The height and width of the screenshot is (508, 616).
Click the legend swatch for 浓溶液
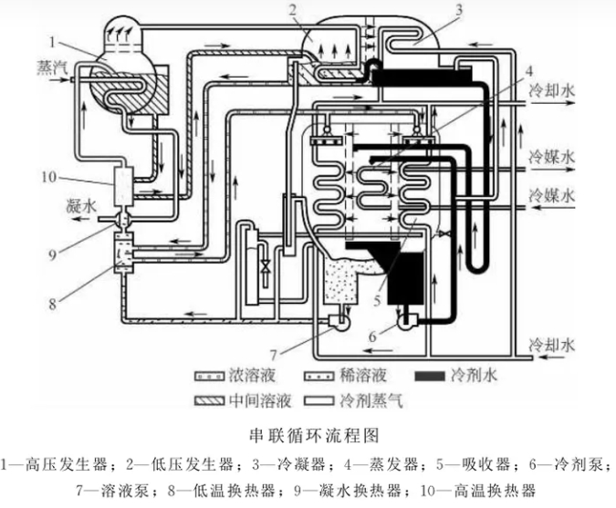[x=207, y=375]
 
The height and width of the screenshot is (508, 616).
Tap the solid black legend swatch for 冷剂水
[x=426, y=375]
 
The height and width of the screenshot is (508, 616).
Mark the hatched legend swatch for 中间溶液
[x=207, y=399]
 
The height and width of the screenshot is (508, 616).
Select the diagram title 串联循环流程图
[x=307, y=428]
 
